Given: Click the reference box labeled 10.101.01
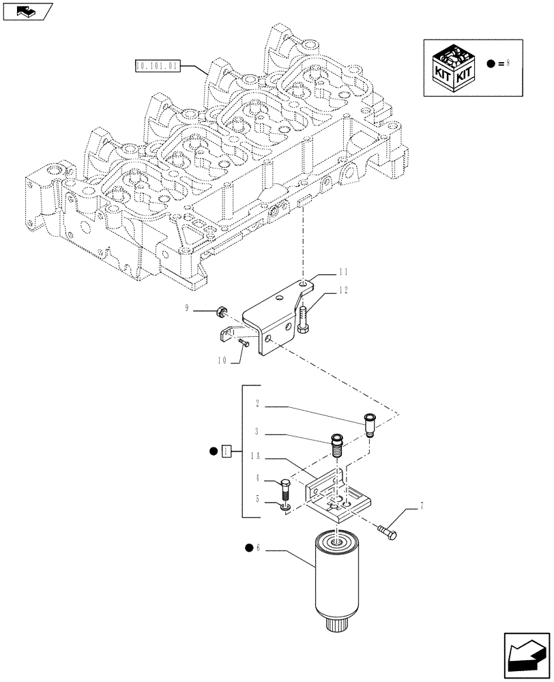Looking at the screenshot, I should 156,66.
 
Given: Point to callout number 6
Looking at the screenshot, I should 262,547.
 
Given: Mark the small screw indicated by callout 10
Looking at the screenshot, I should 244,344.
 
